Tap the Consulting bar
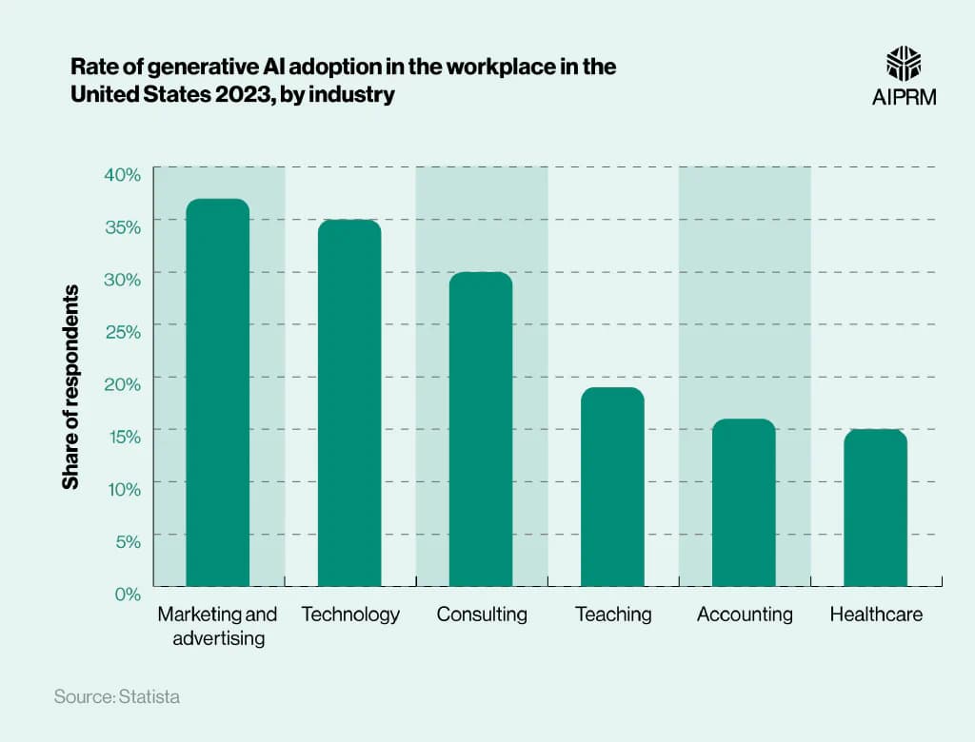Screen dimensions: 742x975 point(481,429)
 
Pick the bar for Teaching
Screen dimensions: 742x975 point(612,486)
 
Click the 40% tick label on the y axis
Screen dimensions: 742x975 point(122,174)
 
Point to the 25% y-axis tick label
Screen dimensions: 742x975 point(122,331)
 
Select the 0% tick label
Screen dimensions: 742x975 point(127,594)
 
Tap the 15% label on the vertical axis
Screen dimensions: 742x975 point(122,436)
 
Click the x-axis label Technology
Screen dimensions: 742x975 point(350,615)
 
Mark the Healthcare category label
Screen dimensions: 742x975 point(876,615)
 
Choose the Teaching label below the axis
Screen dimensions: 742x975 point(613,615)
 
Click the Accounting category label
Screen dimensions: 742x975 point(745,615)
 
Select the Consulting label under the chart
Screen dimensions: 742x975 point(482,615)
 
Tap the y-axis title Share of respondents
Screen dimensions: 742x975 point(70,386)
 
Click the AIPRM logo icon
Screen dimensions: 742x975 point(904,63)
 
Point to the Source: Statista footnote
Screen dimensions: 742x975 point(116,697)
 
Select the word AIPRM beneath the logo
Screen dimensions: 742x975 point(904,96)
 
